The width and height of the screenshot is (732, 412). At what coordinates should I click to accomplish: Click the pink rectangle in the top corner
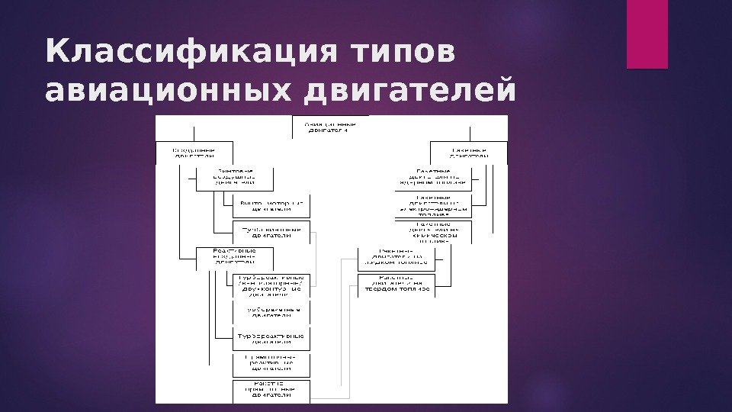tap(647, 34)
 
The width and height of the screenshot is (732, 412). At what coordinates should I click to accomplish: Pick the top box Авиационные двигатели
tap(330, 126)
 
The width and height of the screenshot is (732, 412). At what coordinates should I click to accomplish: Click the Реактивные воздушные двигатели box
tap(234, 259)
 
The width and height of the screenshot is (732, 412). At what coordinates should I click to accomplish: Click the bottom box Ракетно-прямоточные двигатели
tap(271, 390)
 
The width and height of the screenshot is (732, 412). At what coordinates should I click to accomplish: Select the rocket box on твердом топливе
tap(396, 285)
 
